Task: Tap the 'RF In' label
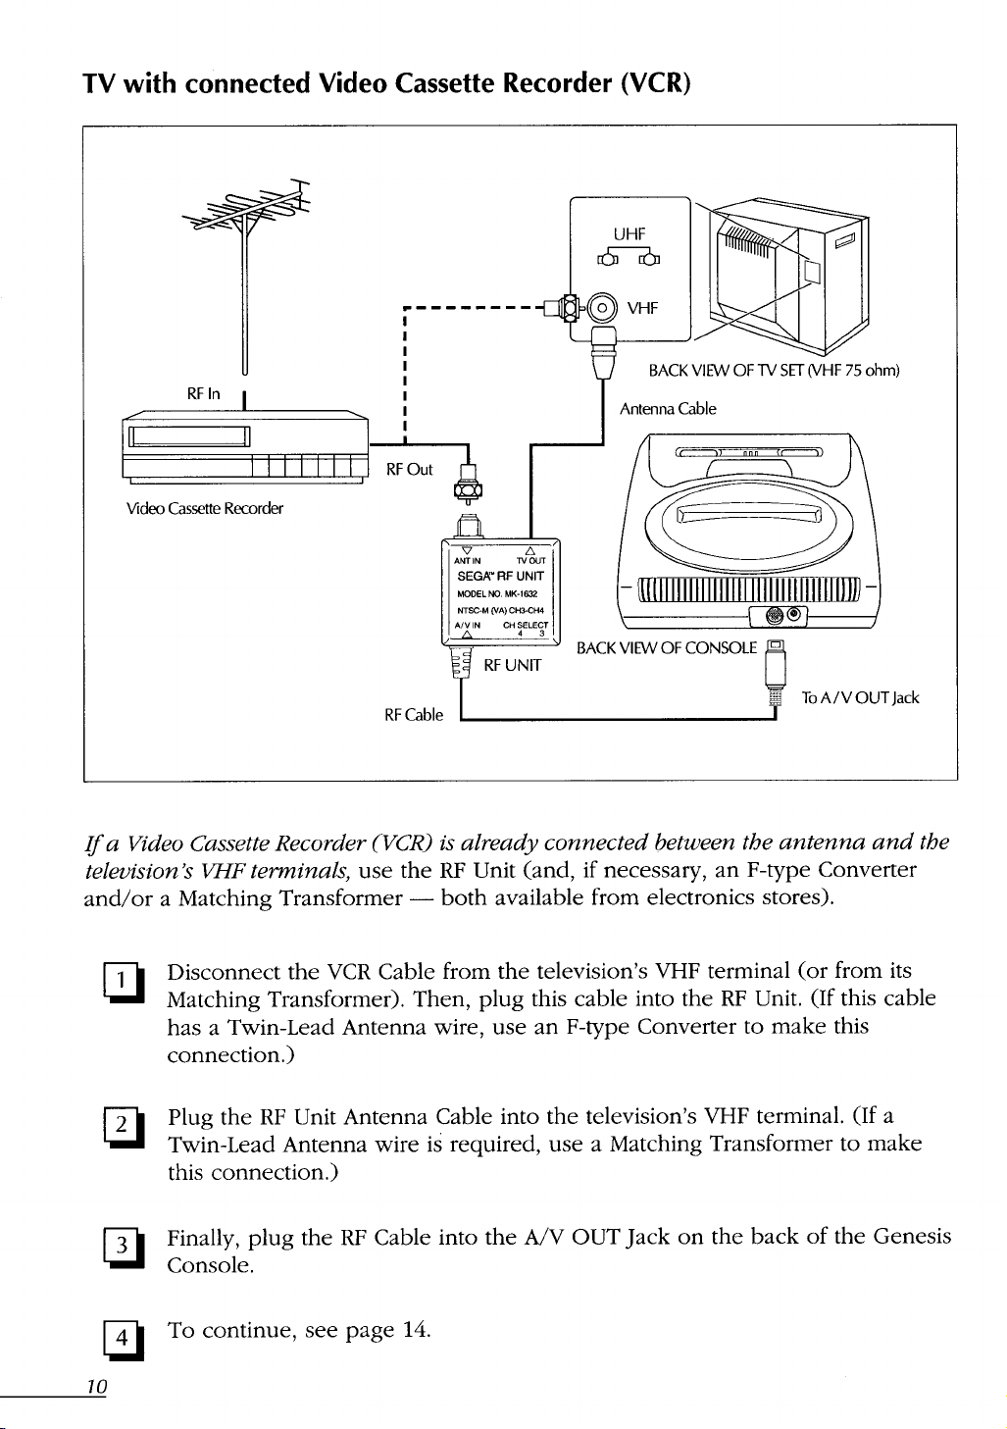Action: pos(203,393)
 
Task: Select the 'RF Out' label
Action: pos(409,469)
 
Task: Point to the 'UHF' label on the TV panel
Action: pos(629,233)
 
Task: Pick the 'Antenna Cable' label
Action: pos(667,408)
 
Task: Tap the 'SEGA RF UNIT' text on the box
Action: pos(500,577)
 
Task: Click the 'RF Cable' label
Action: pos(414,715)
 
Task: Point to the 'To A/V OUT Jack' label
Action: pos(860,697)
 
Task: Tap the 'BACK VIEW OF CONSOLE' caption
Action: pos(667,647)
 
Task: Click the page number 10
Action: pos(95,1386)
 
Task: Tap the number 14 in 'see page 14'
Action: pos(415,1330)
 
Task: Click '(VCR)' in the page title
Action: pos(655,82)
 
